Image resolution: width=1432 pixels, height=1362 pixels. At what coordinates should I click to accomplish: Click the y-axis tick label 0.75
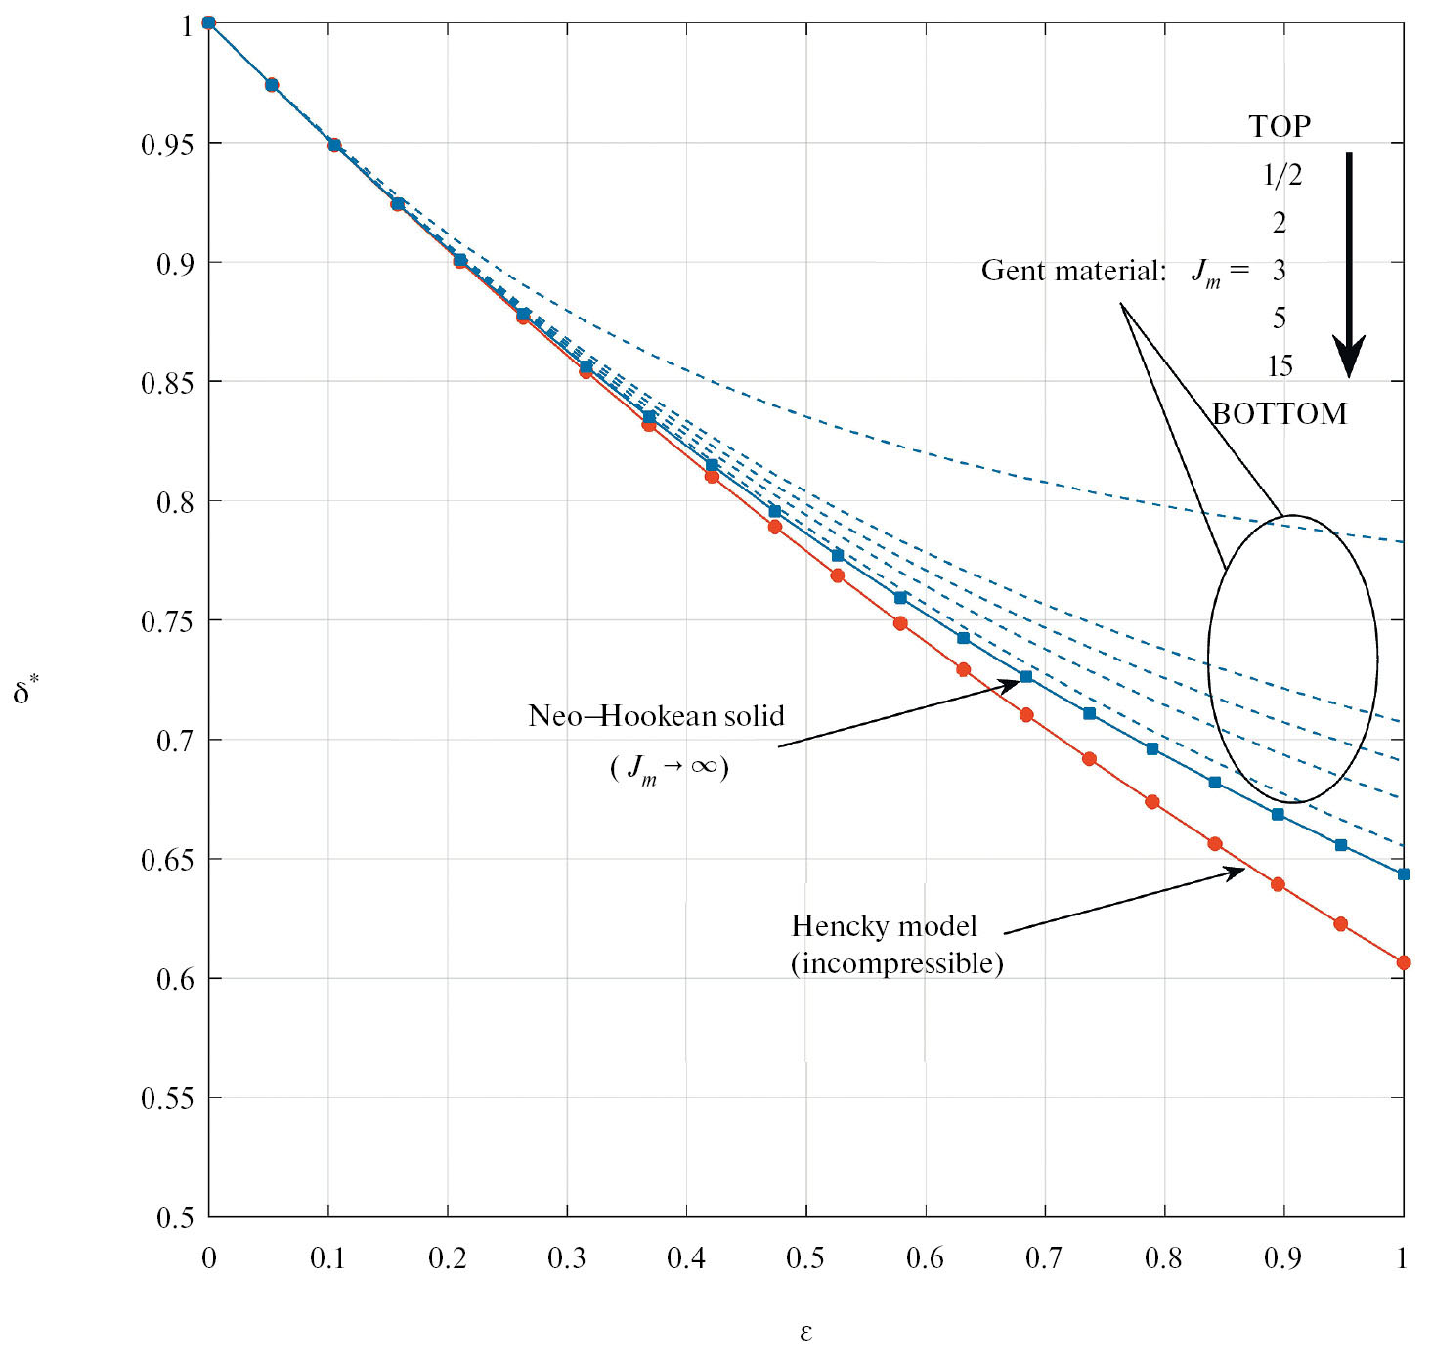[x=169, y=621]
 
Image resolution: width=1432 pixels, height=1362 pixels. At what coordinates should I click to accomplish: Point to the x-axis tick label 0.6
[x=925, y=1257]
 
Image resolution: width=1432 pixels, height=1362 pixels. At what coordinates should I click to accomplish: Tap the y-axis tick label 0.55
[x=169, y=1098]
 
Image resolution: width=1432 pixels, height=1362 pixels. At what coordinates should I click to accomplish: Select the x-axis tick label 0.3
[x=566, y=1257]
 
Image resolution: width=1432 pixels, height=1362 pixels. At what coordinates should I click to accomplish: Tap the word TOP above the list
[x=1280, y=126]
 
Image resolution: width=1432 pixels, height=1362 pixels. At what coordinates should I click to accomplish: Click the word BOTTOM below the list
[x=1280, y=414]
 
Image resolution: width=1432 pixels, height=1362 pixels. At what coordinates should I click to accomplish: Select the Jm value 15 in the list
[x=1280, y=366]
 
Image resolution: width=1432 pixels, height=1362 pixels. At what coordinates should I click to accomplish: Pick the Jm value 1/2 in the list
[x=1281, y=175]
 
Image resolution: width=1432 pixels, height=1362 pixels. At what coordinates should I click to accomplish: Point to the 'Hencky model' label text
[x=884, y=925]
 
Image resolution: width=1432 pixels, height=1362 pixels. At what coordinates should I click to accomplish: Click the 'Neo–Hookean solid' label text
[x=656, y=716]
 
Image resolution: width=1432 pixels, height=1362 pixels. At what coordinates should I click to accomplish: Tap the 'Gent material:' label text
[x=1073, y=271]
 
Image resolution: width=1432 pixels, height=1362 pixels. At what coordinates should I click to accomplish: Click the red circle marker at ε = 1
[x=1404, y=962]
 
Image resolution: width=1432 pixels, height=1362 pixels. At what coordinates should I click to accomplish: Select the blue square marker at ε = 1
[x=1404, y=874]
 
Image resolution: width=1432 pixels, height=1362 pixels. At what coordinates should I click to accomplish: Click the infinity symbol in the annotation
[x=704, y=766]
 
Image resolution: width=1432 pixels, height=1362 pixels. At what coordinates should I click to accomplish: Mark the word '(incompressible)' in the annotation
[x=897, y=964]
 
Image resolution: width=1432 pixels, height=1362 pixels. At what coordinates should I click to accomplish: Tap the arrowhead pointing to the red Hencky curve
[x=1236, y=872]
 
